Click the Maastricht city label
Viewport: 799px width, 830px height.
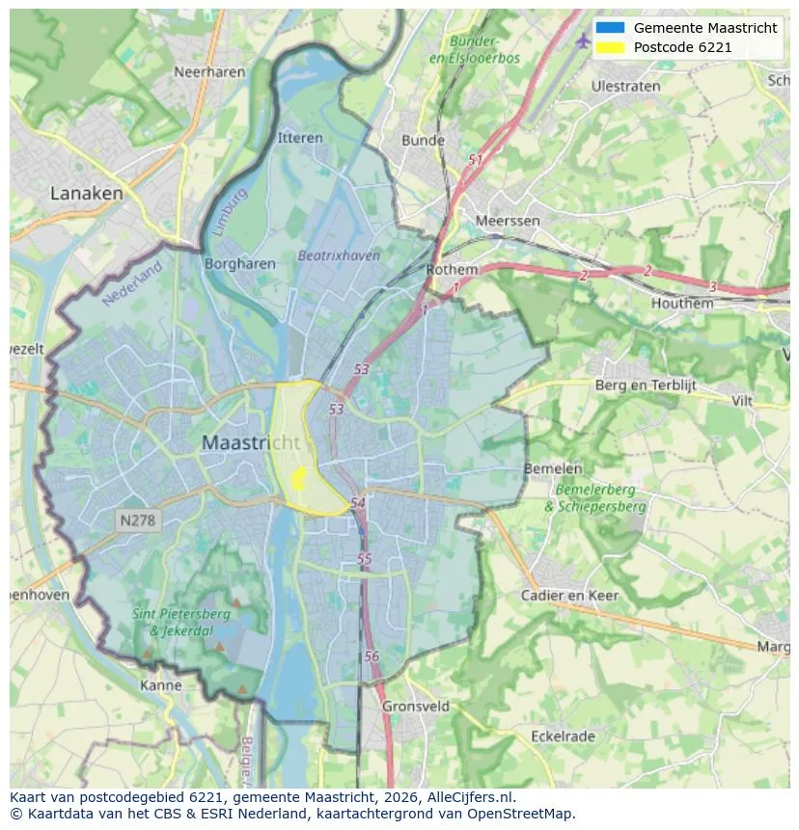(x=251, y=443)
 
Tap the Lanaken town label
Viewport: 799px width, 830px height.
(x=87, y=193)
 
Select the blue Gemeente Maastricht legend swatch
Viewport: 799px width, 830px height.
(x=611, y=28)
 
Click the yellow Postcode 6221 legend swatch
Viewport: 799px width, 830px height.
(x=611, y=47)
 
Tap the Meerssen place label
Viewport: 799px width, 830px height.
(x=508, y=221)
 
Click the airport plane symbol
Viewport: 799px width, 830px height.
(x=582, y=40)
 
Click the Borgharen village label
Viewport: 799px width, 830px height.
(x=240, y=263)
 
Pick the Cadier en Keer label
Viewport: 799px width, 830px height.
(x=569, y=595)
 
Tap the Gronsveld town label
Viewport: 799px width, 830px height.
(x=416, y=706)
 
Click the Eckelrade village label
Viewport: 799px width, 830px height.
(x=563, y=736)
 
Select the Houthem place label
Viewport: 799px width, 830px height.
(x=682, y=303)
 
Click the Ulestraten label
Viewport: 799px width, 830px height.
(x=625, y=86)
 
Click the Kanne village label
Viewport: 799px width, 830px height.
(x=160, y=685)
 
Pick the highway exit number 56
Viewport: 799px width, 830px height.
(x=372, y=656)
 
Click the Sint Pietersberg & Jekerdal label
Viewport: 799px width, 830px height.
(x=181, y=623)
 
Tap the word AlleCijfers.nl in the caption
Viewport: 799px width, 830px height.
(x=466, y=797)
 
